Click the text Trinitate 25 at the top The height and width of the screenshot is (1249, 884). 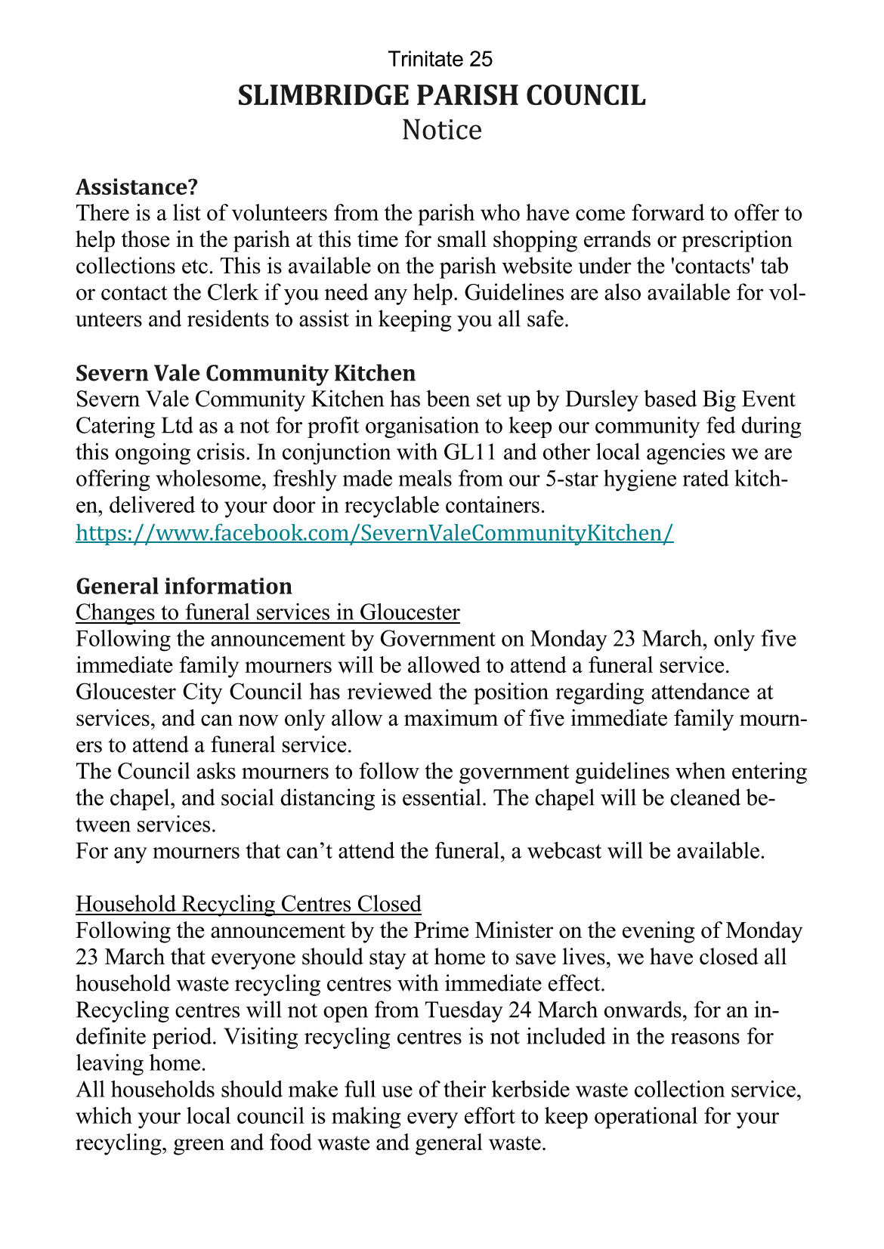click(x=440, y=59)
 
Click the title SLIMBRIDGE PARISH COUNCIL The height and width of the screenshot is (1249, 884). click(x=441, y=96)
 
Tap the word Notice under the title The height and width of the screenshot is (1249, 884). click(x=441, y=130)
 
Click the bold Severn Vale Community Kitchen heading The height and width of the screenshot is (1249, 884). click(x=246, y=373)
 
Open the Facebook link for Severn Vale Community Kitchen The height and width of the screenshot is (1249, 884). click(x=375, y=533)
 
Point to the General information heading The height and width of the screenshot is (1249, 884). click(x=184, y=586)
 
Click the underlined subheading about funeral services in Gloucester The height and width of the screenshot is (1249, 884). click(x=267, y=612)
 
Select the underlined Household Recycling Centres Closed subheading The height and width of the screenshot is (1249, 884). click(x=249, y=903)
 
